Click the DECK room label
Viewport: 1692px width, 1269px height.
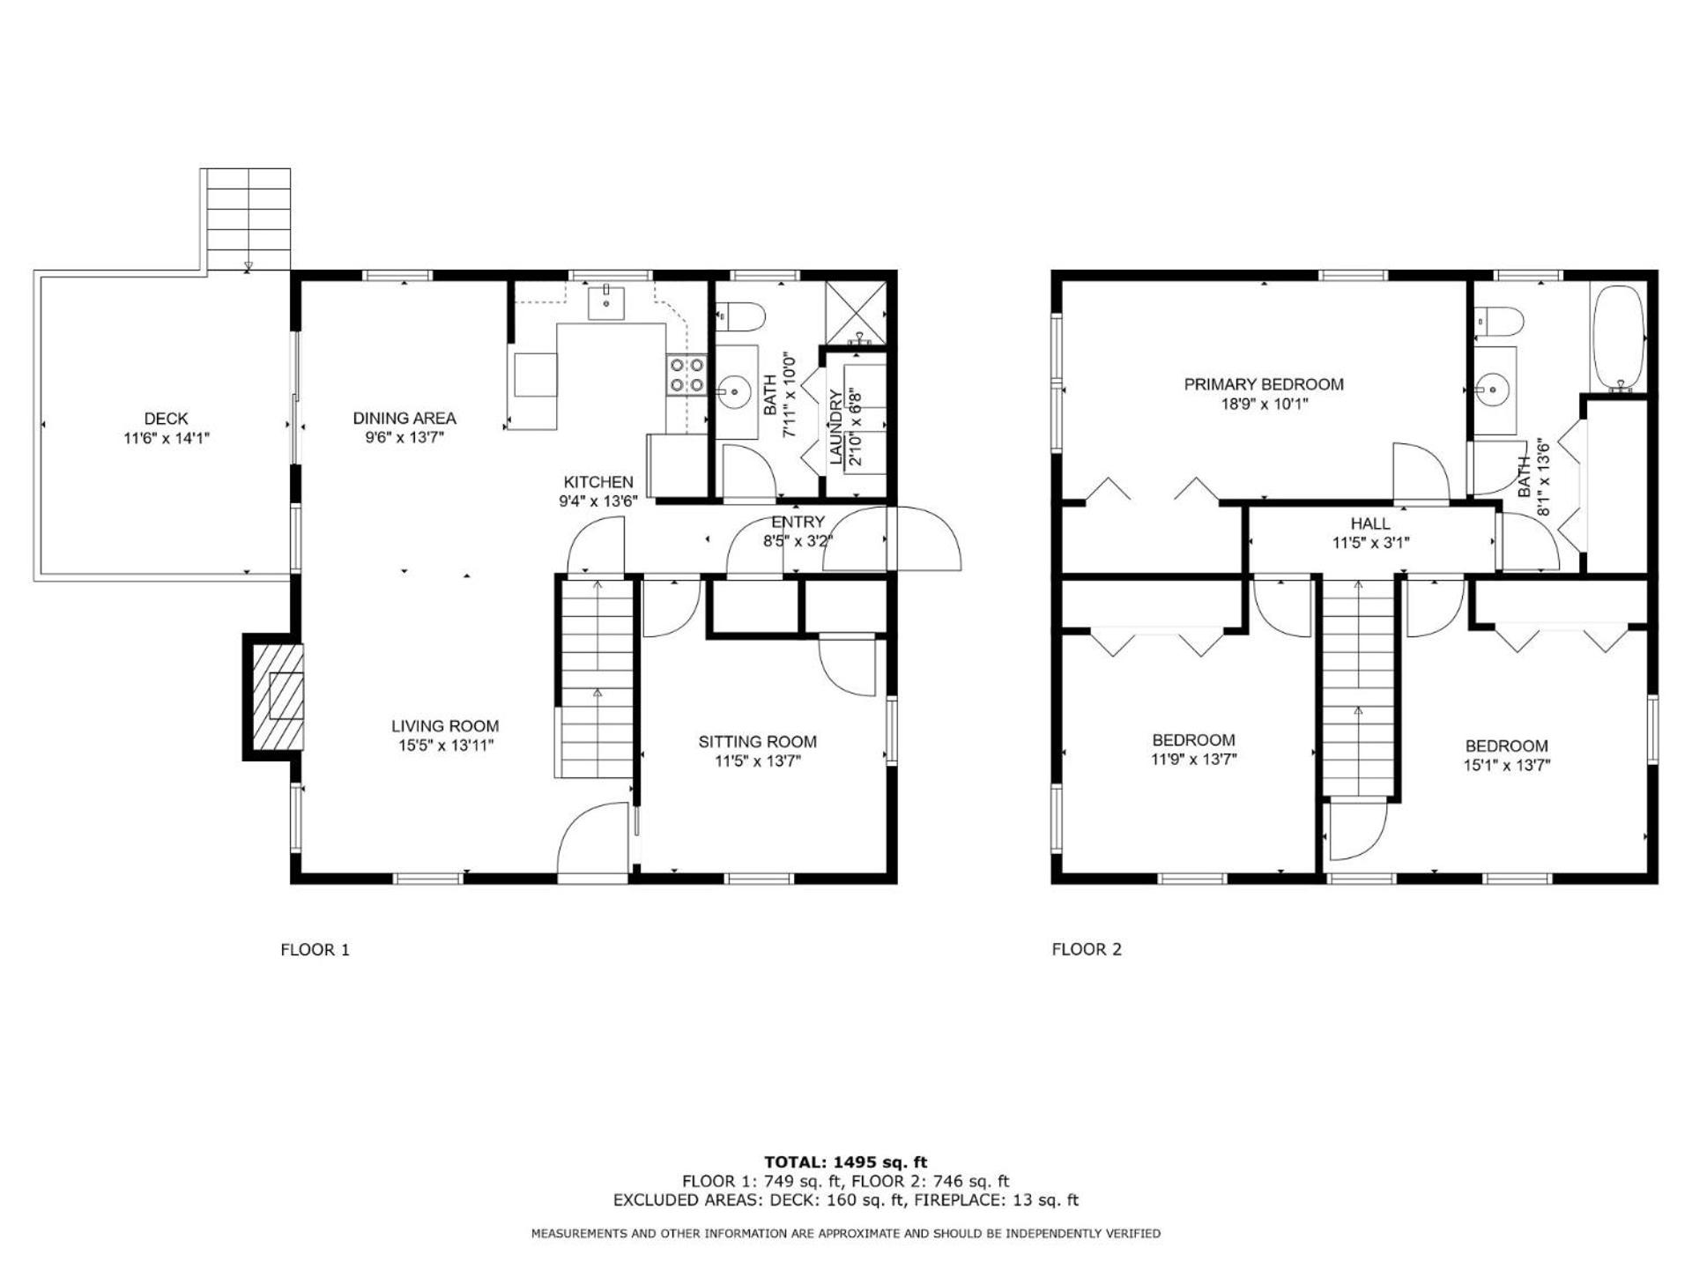(166, 419)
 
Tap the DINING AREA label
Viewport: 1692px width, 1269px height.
(404, 419)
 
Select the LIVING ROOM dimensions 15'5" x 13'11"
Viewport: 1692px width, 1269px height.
(445, 746)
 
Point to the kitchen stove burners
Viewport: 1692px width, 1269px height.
(686, 375)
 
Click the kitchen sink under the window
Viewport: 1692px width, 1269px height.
(607, 302)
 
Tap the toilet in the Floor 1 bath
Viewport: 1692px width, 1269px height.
(740, 315)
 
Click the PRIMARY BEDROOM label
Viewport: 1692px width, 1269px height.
(1264, 384)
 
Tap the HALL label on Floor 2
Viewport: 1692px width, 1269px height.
(1370, 523)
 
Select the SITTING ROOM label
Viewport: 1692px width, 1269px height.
(758, 742)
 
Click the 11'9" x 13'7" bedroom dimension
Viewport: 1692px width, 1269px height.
(1194, 760)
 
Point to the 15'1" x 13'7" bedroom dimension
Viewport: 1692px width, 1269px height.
(1507, 765)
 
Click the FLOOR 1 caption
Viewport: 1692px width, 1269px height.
(315, 949)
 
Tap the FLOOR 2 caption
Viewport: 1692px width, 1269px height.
(1087, 949)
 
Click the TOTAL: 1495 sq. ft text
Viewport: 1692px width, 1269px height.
(846, 1162)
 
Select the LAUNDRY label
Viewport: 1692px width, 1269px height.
(836, 427)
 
